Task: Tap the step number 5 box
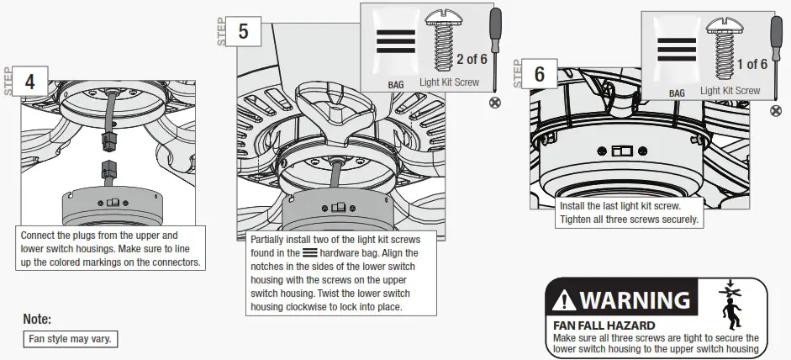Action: coord(244,32)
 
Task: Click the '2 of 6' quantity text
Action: coord(472,59)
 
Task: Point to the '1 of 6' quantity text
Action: coord(751,65)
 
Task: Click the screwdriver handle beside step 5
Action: coord(496,26)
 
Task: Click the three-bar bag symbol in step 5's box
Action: coord(395,42)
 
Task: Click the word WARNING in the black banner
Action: coord(635,299)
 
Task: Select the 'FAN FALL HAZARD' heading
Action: coord(604,325)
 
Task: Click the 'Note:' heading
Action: coord(37,320)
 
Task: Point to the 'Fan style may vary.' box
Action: coord(70,339)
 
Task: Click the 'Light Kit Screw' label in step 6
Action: coord(730,91)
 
